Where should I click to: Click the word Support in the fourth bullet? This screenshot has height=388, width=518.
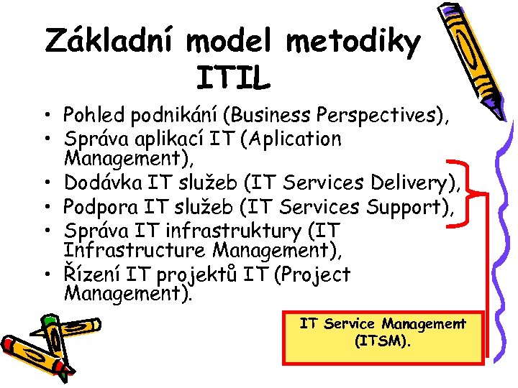pyautogui.click(x=407, y=208)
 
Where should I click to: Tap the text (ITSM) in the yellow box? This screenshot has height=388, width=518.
pyautogui.click(x=383, y=342)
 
